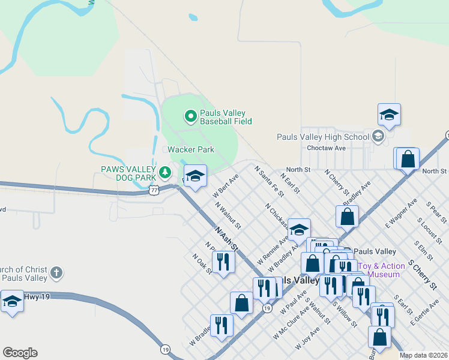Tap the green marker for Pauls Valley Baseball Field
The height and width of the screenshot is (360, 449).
pos(190,116)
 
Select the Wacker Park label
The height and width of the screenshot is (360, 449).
pos(190,149)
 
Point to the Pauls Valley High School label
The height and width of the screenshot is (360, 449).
pos(323,137)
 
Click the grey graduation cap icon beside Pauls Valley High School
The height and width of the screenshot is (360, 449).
pos(378,137)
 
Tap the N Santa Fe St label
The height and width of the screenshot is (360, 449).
pos(269,181)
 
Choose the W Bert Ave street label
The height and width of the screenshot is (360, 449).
pos(226,187)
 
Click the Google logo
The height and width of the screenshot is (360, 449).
pos(20,353)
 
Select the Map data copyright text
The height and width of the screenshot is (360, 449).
pos(423,355)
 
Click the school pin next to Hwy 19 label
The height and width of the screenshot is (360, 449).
pos(11,301)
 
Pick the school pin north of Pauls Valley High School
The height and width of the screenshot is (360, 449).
pos(389,114)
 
